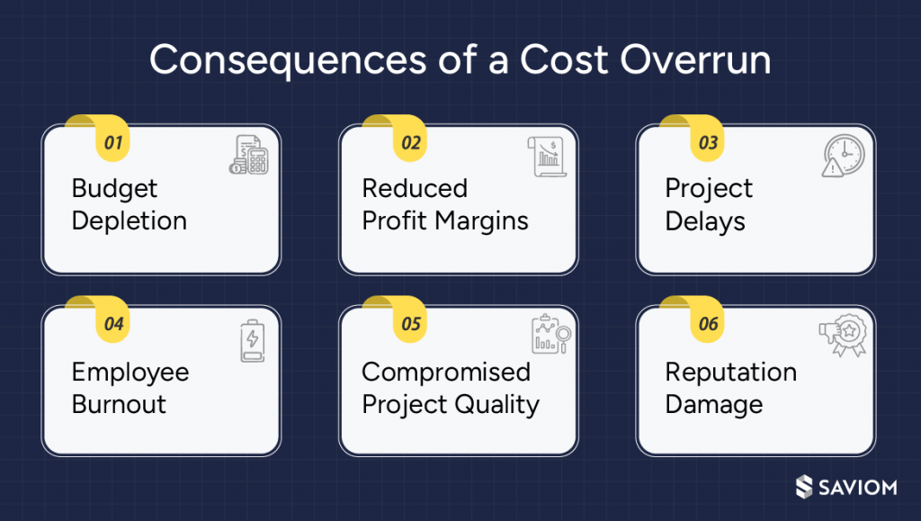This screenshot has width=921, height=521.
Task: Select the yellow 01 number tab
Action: coord(113,143)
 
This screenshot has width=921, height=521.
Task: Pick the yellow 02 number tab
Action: coord(410,143)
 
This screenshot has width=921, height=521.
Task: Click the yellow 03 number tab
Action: coord(708,143)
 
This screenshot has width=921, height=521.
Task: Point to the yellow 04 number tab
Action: coord(113,325)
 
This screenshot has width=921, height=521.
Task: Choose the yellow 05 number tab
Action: coord(410,325)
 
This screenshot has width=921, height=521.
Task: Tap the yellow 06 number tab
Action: coord(708,325)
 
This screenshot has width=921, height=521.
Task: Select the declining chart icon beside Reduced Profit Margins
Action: coord(546,157)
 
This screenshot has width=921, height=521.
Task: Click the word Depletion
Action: coord(130,221)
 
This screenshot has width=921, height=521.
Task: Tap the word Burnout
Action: coord(119,404)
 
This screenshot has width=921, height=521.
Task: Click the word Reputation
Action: coord(730,372)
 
